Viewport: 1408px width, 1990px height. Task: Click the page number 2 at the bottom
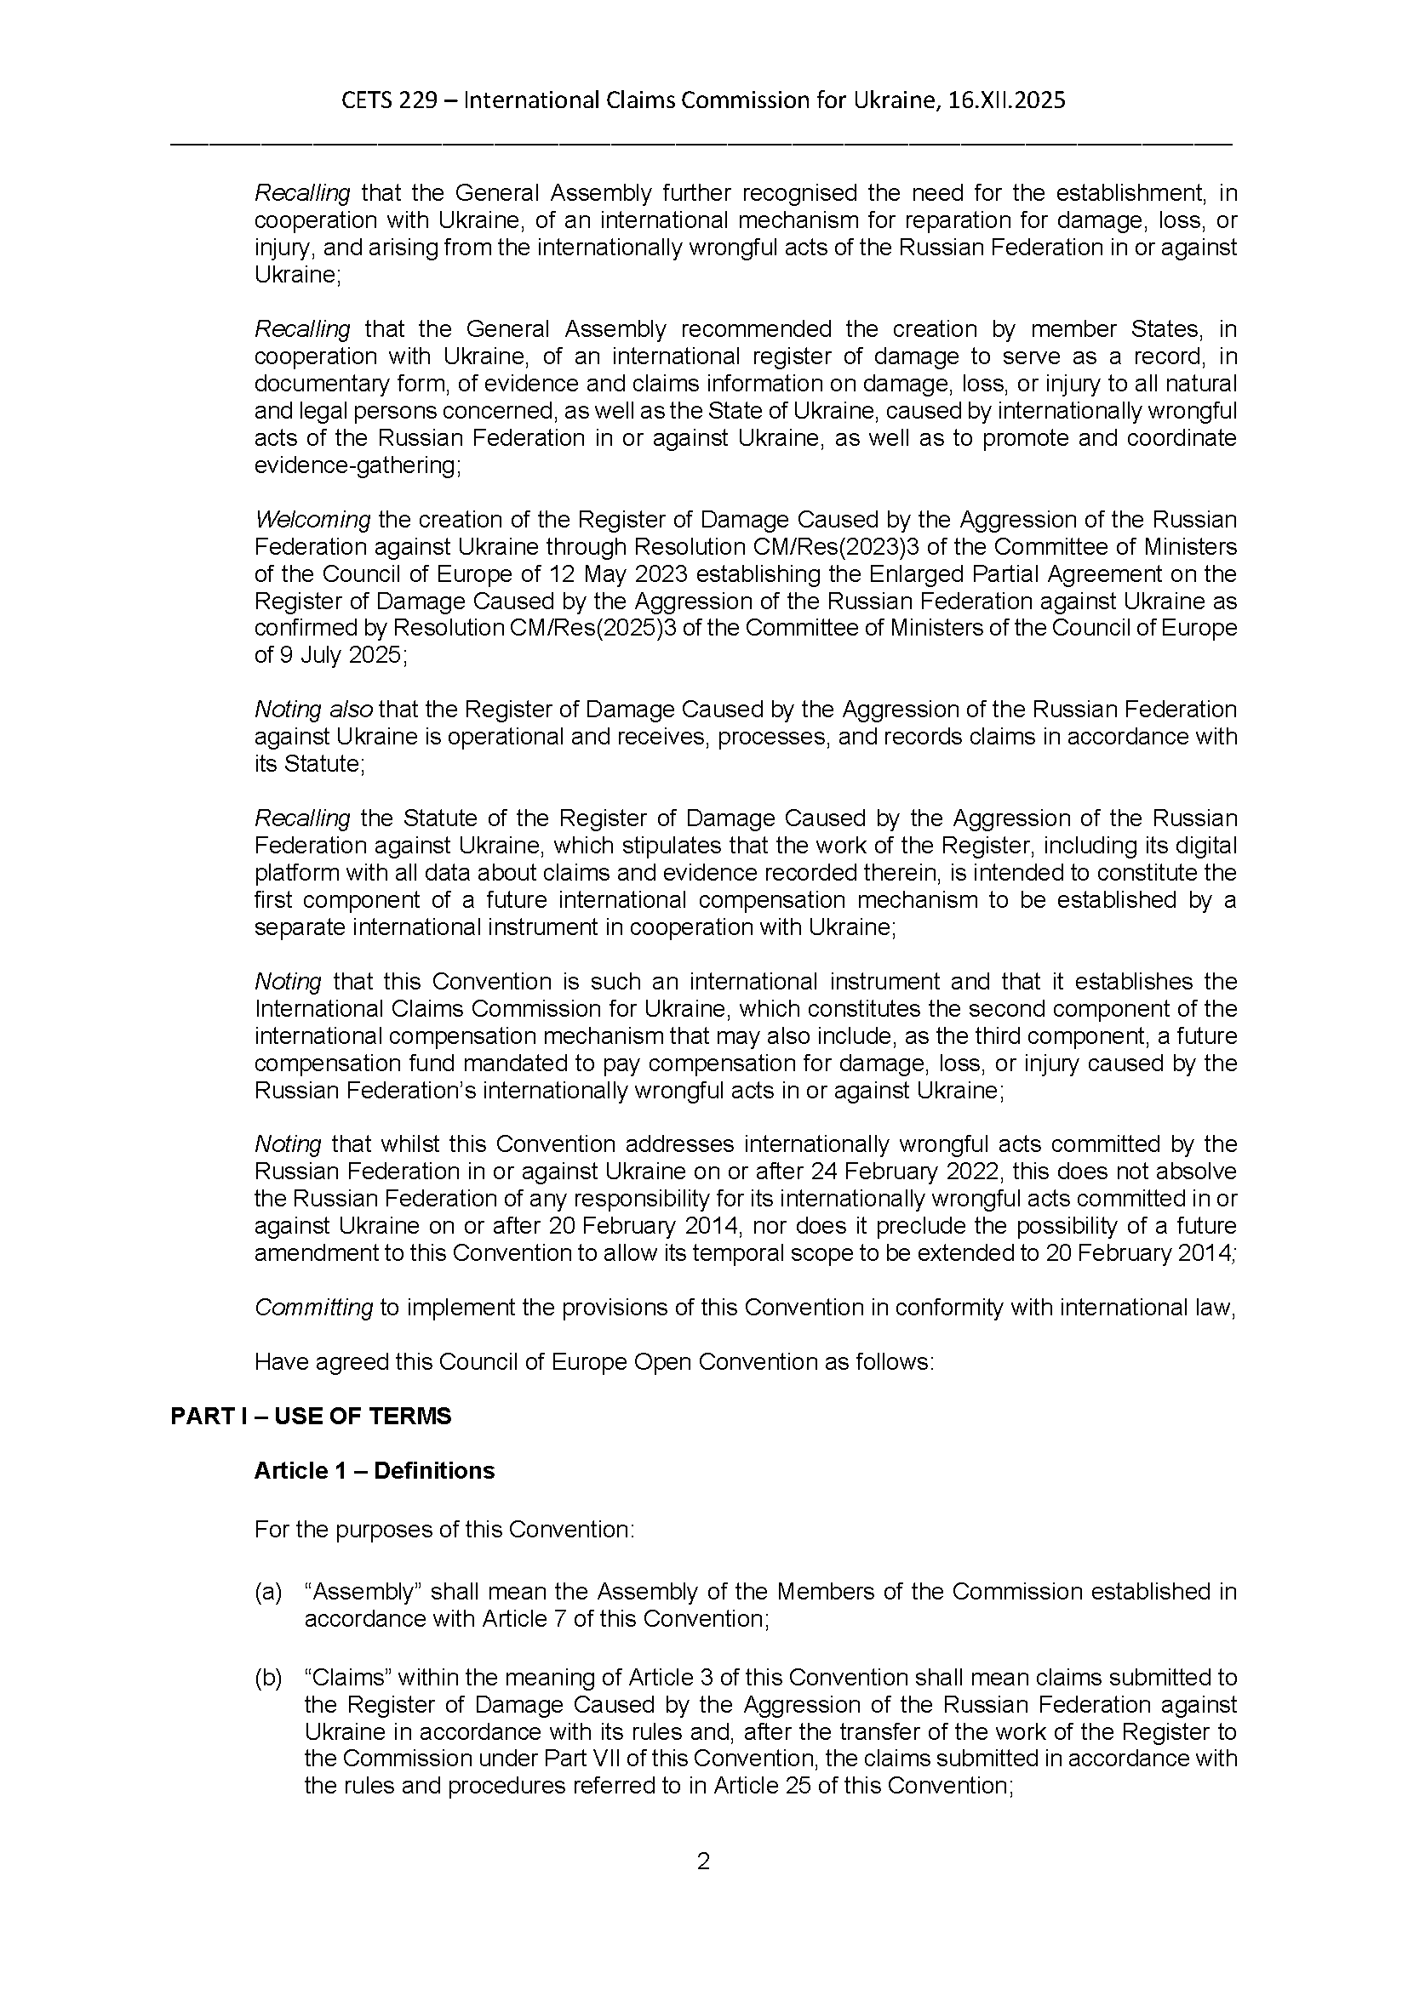pyautogui.click(x=703, y=1862)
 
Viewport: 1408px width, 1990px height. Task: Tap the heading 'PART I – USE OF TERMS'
pyautogui.click(x=311, y=1417)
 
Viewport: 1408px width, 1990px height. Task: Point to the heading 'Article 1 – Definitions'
pyautogui.click(x=374, y=1471)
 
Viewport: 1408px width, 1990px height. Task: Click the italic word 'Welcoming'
pyautogui.click(x=312, y=520)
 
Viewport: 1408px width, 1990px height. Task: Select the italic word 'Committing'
pyautogui.click(x=313, y=1308)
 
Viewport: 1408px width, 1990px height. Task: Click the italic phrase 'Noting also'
pyautogui.click(x=313, y=710)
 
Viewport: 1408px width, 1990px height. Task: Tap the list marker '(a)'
pyautogui.click(x=268, y=1592)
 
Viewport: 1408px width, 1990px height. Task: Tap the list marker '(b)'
pyautogui.click(x=268, y=1679)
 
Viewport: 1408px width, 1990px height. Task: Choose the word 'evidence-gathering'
pyautogui.click(x=357, y=466)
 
